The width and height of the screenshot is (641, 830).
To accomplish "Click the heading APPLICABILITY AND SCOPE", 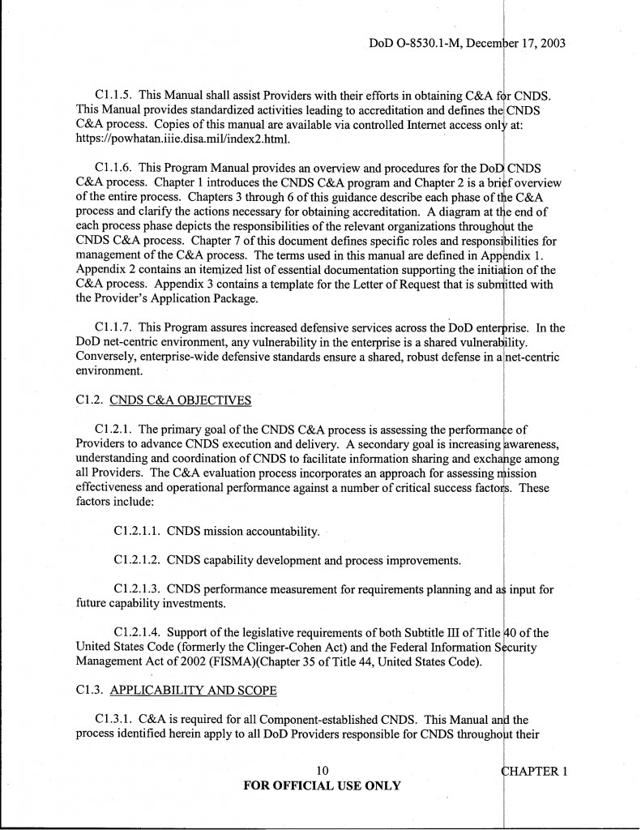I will pos(193,690).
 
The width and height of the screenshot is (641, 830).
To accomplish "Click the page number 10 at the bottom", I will pos(320,771).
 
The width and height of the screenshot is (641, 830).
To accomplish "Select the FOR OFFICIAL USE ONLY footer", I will pos(320,785).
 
